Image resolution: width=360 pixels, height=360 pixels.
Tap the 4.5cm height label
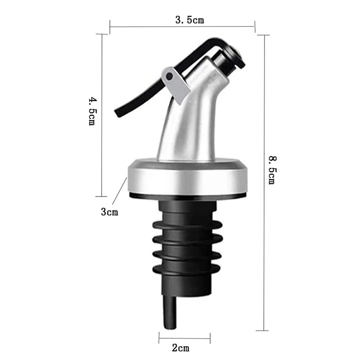point(92,110)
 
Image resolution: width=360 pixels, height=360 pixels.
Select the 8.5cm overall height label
point(271,170)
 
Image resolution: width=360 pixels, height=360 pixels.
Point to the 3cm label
point(109,211)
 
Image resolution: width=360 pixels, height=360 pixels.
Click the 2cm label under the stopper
point(181,347)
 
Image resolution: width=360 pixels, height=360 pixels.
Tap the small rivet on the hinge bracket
point(169,76)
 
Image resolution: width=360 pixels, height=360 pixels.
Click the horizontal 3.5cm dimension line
point(135,26)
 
